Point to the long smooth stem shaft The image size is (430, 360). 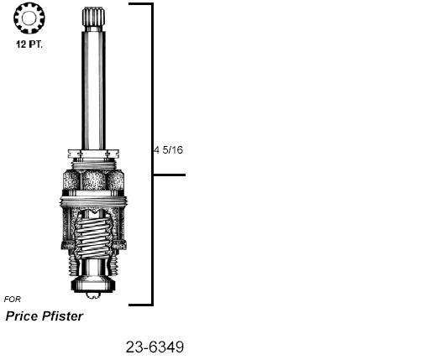pyautogui.click(x=93, y=84)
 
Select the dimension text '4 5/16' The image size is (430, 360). pyautogui.click(x=168, y=150)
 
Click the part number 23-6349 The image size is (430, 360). pyautogui.click(x=155, y=347)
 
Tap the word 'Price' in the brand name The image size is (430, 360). pyautogui.click(x=25, y=316)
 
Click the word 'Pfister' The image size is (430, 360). pyautogui.click(x=66, y=316)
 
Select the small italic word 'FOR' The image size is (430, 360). pyautogui.click(x=13, y=299)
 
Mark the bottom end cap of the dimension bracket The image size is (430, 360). pyautogui.click(x=140, y=305)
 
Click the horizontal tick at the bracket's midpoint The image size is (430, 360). pyautogui.click(x=169, y=175)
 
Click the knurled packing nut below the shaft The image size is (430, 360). pyautogui.click(x=93, y=180)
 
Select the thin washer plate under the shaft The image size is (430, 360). pyautogui.click(x=93, y=155)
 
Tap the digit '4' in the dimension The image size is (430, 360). pyautogui.click(x=156, y=150)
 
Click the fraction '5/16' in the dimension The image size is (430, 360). pyautogui.click(x=172, y=150)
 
